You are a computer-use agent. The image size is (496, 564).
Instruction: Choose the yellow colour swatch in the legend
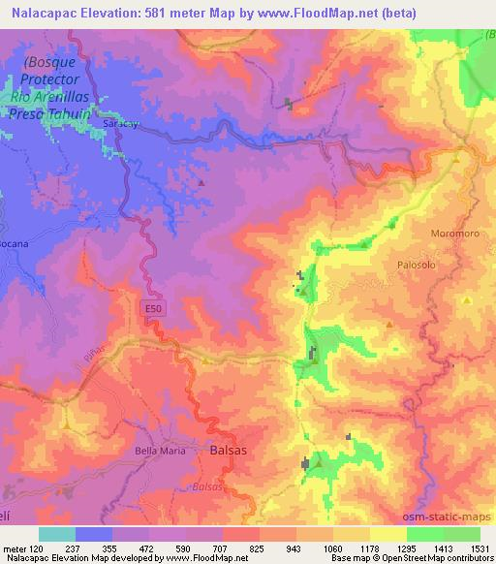(387, 534)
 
